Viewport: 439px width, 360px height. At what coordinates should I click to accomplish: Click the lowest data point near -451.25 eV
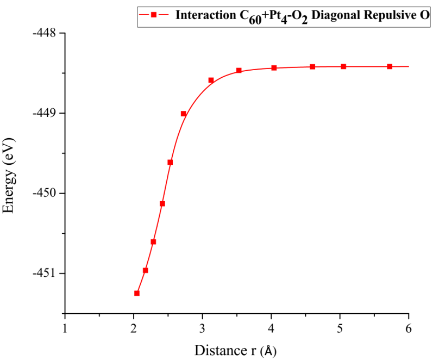[137, 293]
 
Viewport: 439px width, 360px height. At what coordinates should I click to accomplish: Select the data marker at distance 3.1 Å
[211, 80]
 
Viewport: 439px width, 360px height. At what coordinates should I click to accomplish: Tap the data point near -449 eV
[184, 114]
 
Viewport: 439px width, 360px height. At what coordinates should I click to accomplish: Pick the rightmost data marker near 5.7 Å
[390, 66]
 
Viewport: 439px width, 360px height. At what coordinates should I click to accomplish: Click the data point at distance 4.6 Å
[312, 66]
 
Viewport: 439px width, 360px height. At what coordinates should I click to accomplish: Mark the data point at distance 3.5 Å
[239, 70]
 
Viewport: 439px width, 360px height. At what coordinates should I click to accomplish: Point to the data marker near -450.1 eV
[162, 203]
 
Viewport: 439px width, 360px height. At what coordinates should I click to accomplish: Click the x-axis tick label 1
[65, 327]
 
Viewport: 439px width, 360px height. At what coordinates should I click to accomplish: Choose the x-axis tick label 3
[203, 327]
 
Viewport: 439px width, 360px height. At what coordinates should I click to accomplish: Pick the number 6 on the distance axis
[409, 327]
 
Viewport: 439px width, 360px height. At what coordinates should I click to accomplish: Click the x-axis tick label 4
[271, 327]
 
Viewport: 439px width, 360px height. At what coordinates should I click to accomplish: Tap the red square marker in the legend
[154, 15]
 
